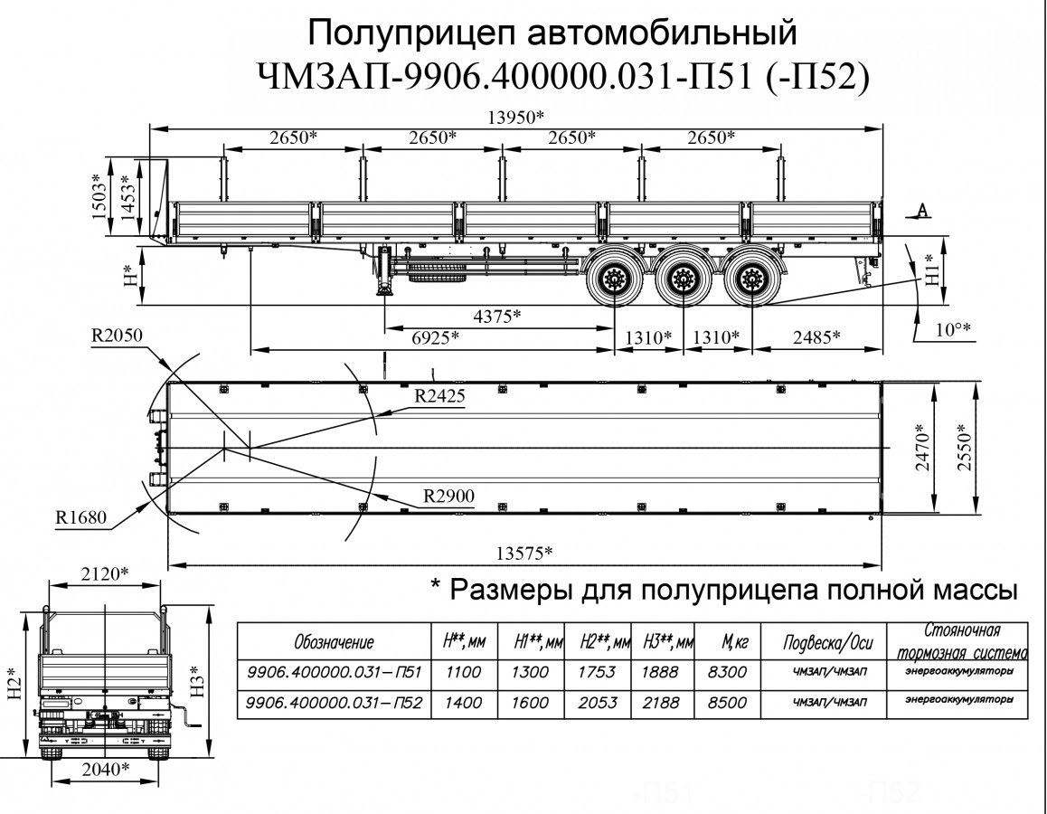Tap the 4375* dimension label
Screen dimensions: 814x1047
tap(497, 316)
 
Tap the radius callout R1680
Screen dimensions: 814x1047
tap(80, 517)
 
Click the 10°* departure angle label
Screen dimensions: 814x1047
tap(952, 329)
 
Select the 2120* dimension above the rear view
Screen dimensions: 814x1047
tap(104, 573)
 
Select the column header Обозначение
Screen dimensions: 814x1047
tap(334, 642)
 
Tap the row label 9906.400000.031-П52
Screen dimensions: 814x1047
tap(335, 702)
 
